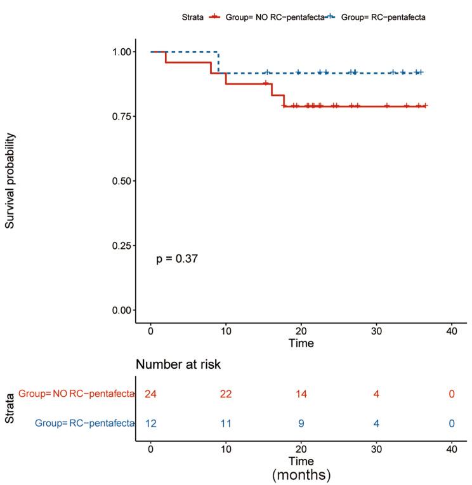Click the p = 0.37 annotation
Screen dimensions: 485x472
point(178,258)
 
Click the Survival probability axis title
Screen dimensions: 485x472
point(11,181)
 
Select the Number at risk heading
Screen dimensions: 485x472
point(178,364)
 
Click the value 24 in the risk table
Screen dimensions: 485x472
point(150,394)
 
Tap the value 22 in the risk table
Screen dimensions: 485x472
point(226,394)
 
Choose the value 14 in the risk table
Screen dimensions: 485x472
point(301,394)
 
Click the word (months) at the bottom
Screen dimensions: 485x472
point(301,474)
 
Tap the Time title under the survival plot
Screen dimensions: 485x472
point(301,343)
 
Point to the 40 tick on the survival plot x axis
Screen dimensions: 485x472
point(452,331)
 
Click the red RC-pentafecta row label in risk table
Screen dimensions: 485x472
point(76,394)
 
